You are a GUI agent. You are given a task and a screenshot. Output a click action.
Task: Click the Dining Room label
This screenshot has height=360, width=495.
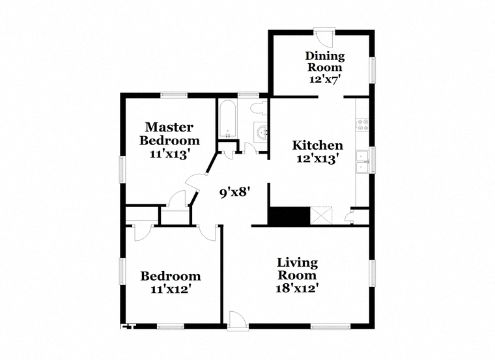click(325, 62)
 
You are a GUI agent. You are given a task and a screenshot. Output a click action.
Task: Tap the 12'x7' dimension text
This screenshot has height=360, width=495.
click(324, 79)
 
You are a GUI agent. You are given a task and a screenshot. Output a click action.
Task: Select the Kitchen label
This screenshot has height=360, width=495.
click(317, 145)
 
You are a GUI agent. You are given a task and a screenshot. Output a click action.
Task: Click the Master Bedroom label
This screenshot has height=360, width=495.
click(169, 133)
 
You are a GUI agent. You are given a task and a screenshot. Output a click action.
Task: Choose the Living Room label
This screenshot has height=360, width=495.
click(298, 269)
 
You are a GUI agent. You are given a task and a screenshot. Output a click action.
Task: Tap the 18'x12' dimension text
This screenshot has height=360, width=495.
click(297, 288)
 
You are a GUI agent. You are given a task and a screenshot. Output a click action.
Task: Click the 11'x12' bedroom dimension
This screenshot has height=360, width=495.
click(171, 288)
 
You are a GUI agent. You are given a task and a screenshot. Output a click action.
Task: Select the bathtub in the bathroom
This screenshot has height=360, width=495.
click(227, 119)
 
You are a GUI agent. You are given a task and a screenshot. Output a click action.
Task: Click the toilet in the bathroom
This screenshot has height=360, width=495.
click(259, 108)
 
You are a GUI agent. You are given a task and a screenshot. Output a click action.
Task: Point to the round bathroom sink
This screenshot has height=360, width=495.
click(261, 132)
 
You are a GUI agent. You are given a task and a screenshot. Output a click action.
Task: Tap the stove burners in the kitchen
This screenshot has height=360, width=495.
click(362, 124)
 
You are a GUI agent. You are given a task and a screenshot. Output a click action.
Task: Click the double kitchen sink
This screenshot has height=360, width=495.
click(362, 162)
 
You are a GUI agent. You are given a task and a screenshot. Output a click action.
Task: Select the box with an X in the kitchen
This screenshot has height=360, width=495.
click(322, 215)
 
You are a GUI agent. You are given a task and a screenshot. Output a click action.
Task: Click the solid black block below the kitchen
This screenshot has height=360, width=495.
click(289, 216)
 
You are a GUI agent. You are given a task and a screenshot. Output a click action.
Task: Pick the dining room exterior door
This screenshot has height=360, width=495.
click(324, 37)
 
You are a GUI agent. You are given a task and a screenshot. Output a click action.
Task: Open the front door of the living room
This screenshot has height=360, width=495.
click(237, 320)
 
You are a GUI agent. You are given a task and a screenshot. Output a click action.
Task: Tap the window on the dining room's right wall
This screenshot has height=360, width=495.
click(372, 70)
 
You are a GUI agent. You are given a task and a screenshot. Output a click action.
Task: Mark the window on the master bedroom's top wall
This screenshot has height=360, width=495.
click(174, 95)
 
